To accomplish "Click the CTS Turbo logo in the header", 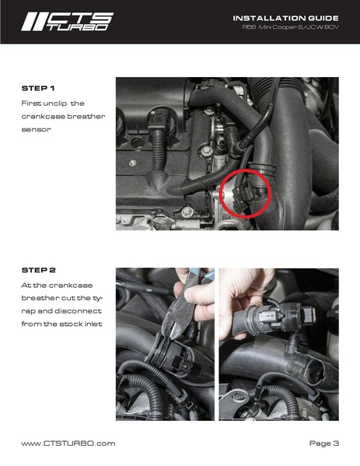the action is [x=67, y=22].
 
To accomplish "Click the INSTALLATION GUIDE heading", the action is [x=285, y=18].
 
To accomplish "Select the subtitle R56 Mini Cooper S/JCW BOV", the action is [x=291, y=27].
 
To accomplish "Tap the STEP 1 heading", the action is [x=38, y=88].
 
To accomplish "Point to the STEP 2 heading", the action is [x=39, y=270].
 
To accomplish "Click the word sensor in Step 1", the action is [x=37, y=130].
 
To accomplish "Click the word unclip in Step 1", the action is [x=55, y=103].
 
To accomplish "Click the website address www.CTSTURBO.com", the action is [x=68, y=443].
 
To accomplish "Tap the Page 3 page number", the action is [x=324, y=443].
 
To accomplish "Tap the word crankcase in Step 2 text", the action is [x=71, y=286].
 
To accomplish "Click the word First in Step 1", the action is [x=31, y=103].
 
